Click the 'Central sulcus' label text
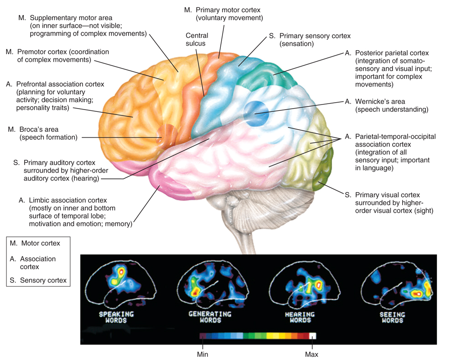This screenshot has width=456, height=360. point(197,40)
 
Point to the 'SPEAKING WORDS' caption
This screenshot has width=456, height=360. point(117,317)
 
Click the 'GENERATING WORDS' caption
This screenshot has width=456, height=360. point(210,317)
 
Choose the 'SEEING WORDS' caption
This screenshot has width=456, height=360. point(391,317)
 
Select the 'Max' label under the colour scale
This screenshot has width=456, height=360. point(312,354)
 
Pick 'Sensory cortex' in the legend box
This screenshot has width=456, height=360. point(43,280)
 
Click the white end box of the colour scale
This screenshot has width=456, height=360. point(312,336)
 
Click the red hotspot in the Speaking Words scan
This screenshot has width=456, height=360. point(121,272)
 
